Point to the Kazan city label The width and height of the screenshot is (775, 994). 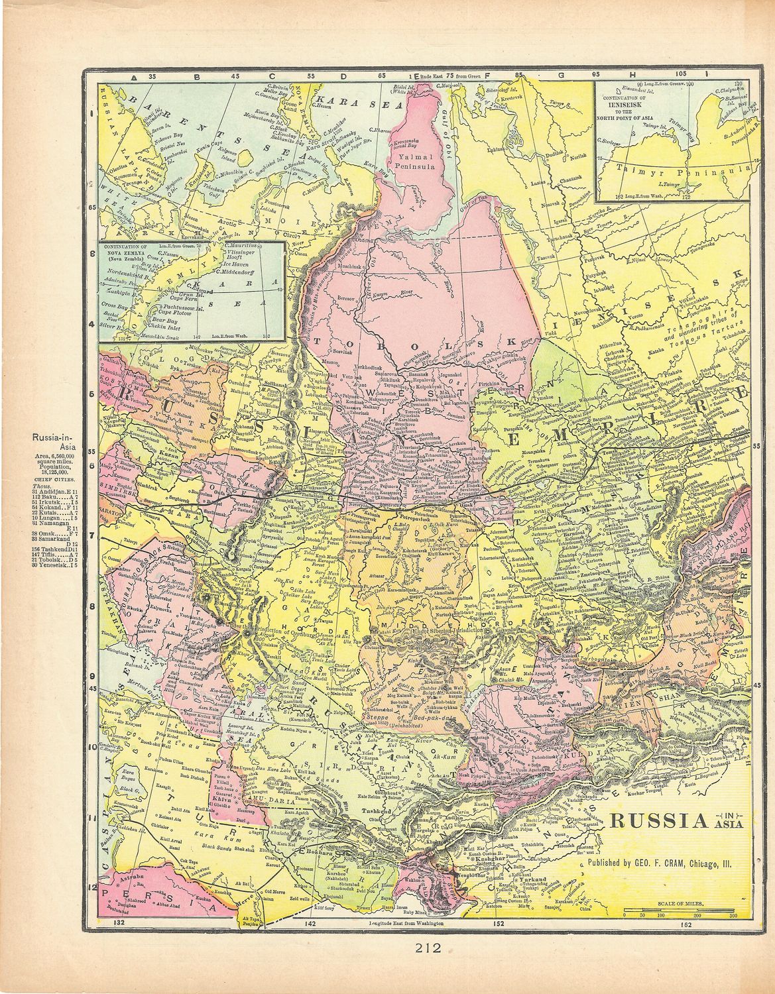(x=170, y=457)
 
